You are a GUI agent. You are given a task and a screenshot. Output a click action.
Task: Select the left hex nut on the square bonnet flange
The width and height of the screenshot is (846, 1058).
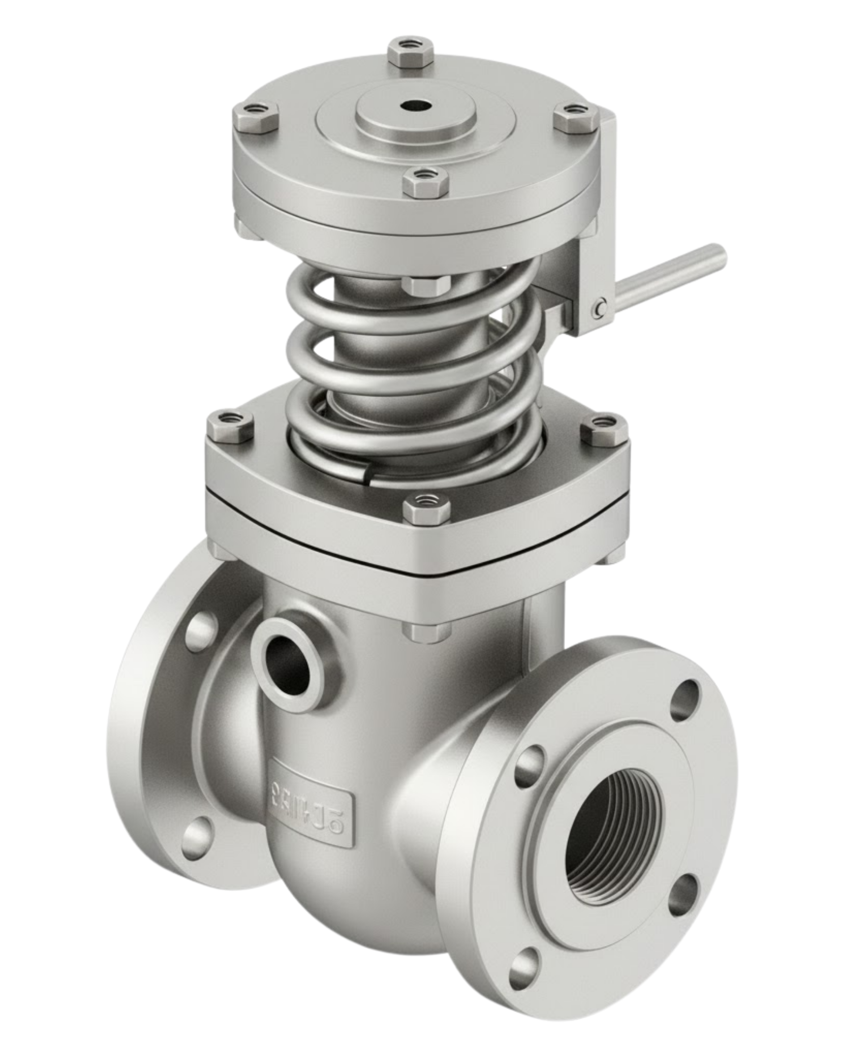click(230, 428)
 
